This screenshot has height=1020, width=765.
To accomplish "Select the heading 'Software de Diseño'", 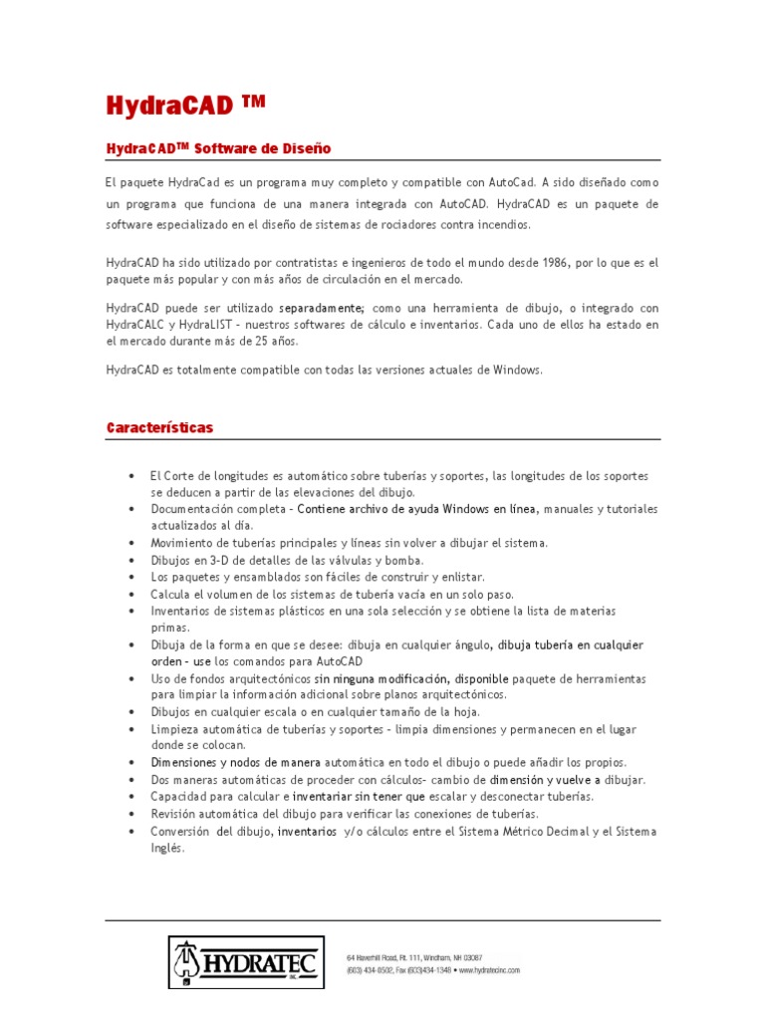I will point(262,148).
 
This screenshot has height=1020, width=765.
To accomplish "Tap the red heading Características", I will point(159,427).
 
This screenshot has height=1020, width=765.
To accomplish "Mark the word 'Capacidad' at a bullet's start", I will point(180,797).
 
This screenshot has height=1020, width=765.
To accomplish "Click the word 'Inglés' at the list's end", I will point(167,848).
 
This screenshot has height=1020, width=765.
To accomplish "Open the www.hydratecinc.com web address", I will point(490,969).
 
